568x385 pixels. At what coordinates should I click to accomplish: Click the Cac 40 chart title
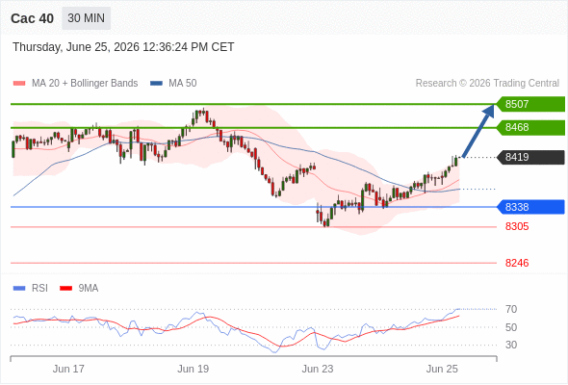[x=32, y=18]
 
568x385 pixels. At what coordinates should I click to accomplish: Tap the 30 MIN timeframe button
[x=87, y=18]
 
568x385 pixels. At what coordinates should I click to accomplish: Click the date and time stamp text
[x=123, y=47]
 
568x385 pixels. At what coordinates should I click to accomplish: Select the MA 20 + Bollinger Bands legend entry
[x=75, y=84]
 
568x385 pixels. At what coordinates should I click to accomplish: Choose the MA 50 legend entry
[x=173, y=84]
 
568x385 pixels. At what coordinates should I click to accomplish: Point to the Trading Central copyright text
[x=487, y=84]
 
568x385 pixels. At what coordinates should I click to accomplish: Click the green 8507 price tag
[x=530, y=104]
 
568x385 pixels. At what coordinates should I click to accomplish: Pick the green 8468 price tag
[x=530, y=127]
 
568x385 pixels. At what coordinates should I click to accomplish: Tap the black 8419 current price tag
[x=530, y=157]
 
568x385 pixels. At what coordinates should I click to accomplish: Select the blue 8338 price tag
[x=530, y=207]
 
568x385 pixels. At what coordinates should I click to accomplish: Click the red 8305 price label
[x=517, y=227]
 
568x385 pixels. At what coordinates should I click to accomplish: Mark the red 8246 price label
[x=517, y=263]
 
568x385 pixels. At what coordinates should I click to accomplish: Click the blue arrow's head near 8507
[x=490, y=109]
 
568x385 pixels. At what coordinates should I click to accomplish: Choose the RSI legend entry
[x=31, y=289]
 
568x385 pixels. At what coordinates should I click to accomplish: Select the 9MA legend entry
[x=79, y=289]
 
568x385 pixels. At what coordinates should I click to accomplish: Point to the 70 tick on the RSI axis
[x=511, y=309]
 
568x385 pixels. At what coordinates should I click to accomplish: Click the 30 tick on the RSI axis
[x=511, y=345]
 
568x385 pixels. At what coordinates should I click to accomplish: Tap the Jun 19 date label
[x=194, y=369]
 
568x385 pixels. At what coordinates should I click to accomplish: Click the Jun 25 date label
[x=442, y=369]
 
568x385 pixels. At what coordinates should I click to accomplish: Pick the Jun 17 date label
[x=68, y=369]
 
